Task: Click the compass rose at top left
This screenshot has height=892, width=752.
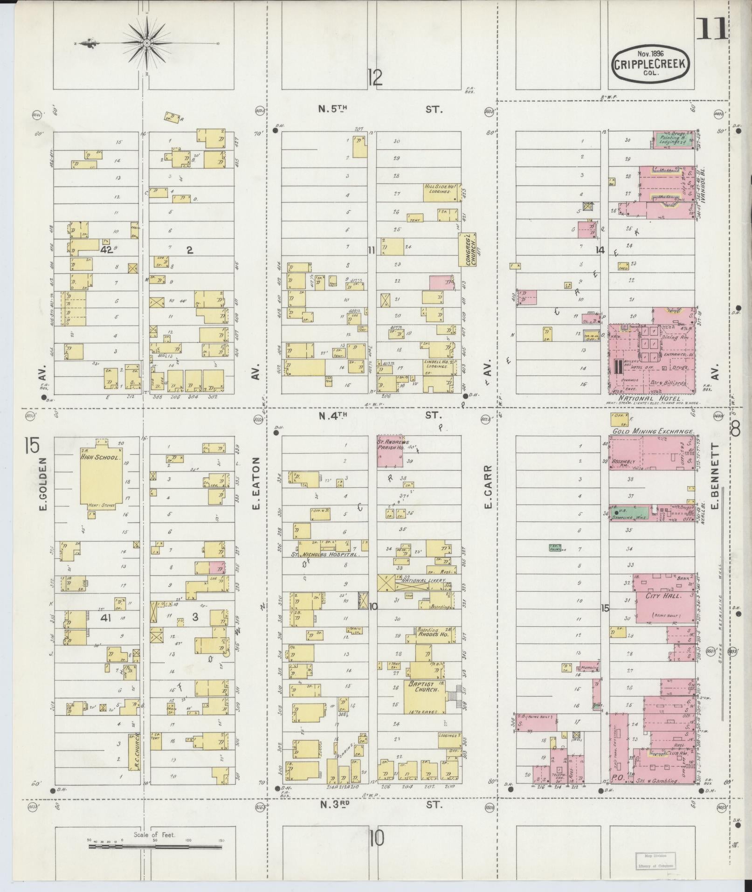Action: pos(147,43)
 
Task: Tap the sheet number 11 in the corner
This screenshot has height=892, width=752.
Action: pos(711,29)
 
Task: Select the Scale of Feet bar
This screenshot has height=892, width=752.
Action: pos(155,845)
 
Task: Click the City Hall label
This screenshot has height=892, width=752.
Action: pos(664,596)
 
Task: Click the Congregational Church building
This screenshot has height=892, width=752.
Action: pos(468,249)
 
